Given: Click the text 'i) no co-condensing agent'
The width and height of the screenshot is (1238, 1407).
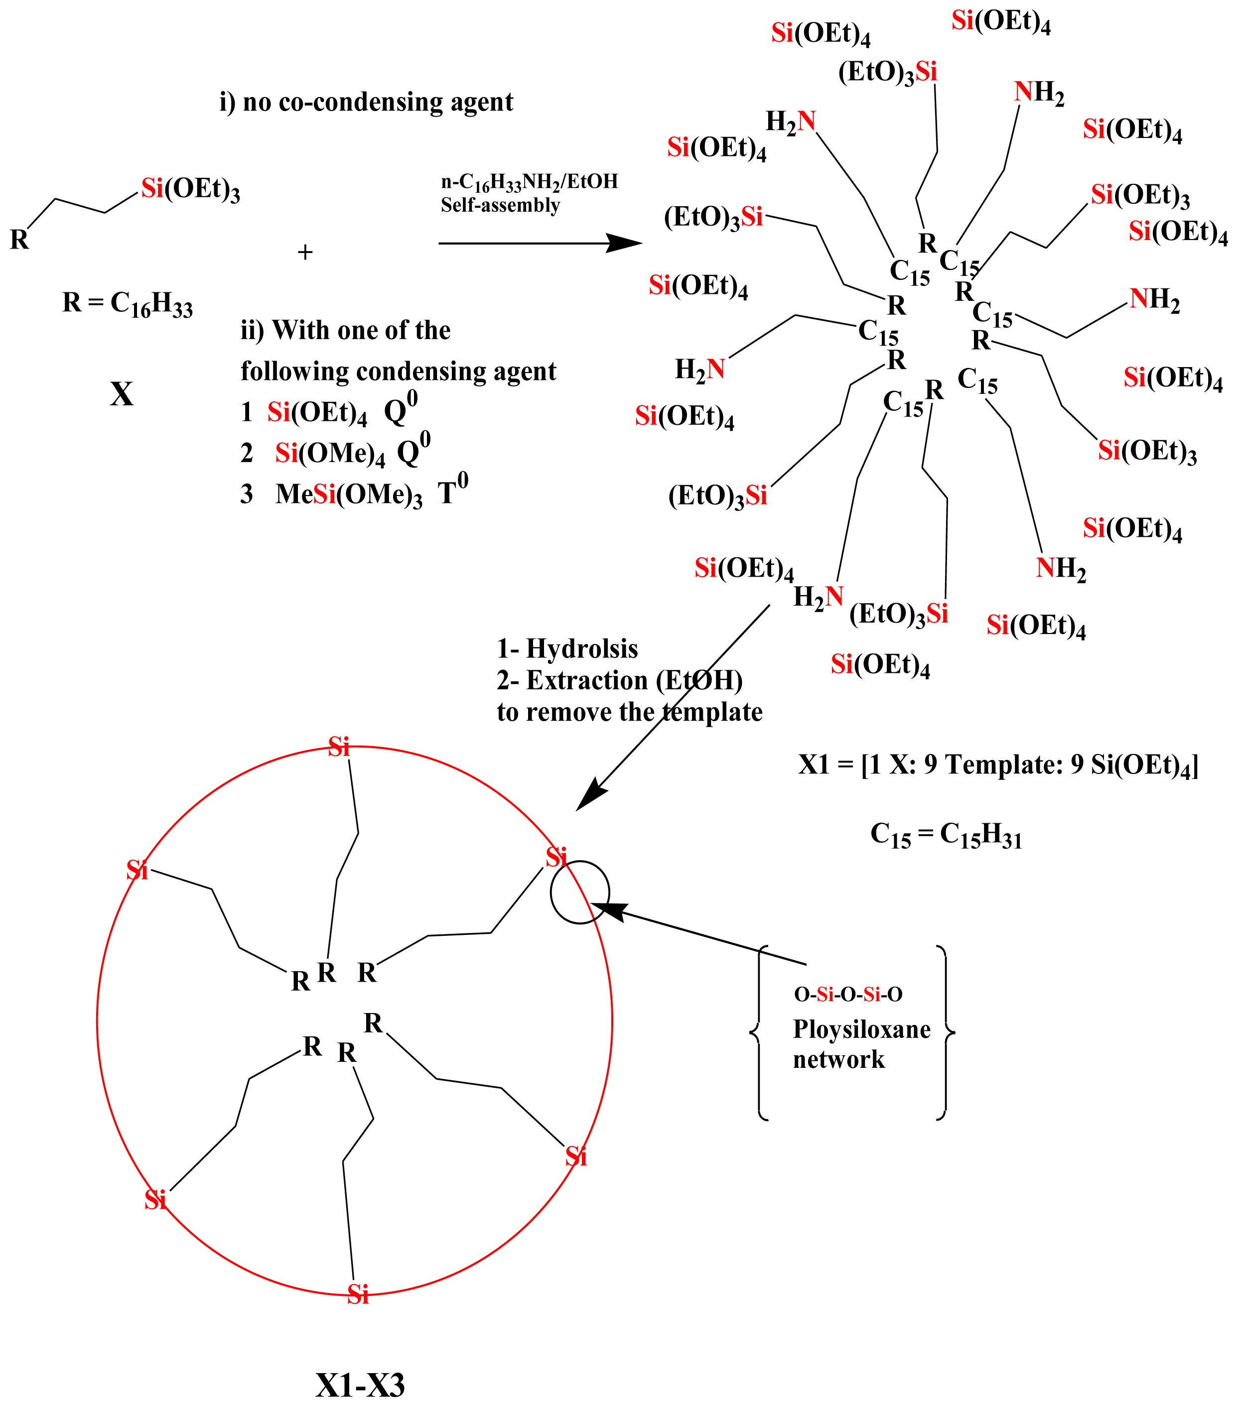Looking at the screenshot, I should coord(366,102).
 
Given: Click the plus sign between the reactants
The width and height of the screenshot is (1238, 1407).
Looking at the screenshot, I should coord(305,253).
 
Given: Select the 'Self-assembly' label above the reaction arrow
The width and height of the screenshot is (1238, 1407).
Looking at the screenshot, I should coord(501,205).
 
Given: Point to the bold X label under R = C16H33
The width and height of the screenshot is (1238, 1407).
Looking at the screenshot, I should coord(122,394).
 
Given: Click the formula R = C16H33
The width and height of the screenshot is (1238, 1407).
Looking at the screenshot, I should coord(128,304).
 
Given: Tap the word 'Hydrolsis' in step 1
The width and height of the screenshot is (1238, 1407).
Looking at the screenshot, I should coord(582,648).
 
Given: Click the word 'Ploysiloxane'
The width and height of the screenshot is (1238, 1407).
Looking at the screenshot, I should coord(861,1029).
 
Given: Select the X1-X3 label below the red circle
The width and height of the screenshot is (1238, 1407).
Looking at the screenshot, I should coord(360,1384).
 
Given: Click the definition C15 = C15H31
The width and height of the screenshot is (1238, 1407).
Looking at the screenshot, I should coord(946,835).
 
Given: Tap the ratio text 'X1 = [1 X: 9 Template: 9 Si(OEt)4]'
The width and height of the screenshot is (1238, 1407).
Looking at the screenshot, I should coord(998,766).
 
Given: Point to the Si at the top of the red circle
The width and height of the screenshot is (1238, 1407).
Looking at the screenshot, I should coord(339,747).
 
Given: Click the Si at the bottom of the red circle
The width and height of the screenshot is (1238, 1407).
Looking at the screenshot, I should coord(358,1294).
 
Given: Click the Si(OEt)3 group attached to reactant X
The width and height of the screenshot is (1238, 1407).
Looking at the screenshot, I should coord(191,189).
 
